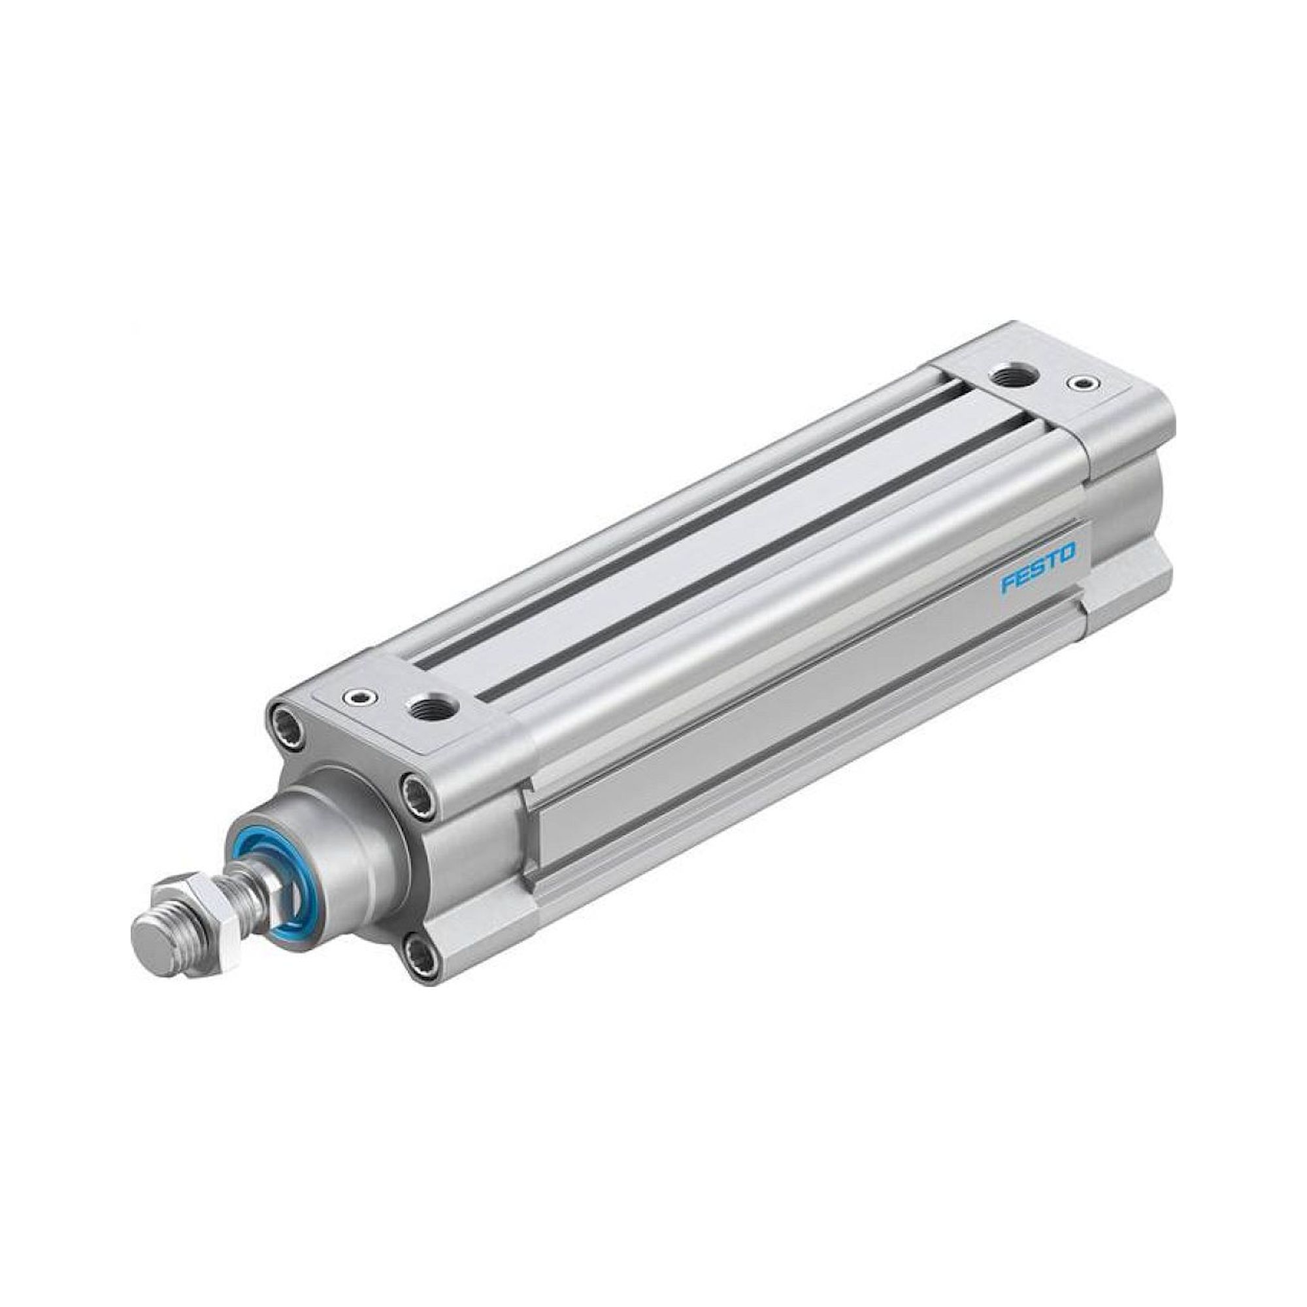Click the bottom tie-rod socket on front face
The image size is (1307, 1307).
[416, 953]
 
